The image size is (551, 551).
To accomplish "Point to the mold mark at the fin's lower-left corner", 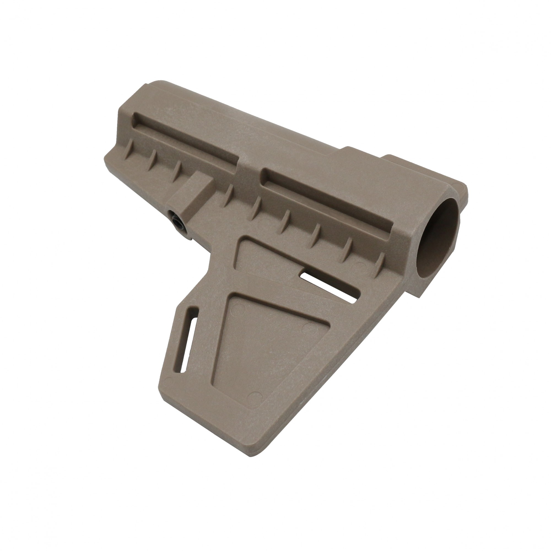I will [x=169, y=381].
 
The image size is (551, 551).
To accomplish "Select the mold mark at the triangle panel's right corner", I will [x=307, y=326].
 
